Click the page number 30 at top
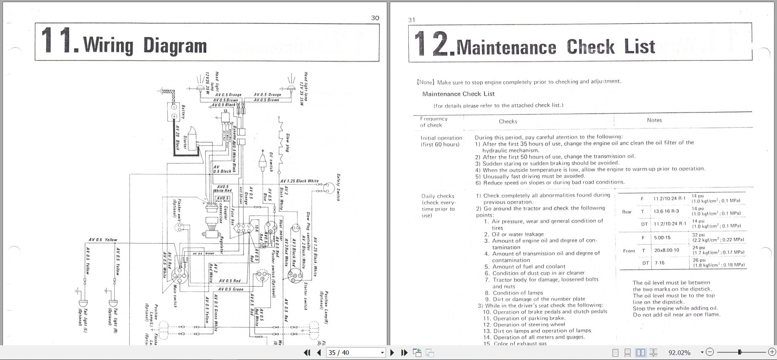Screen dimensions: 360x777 [375, 18]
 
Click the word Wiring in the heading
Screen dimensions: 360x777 [108, 45]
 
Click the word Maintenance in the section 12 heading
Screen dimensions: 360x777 [506, 47]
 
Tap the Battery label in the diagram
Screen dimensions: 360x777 [183, 112]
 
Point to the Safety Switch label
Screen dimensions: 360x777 [338, 187]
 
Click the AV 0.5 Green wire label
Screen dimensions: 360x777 [230, 289]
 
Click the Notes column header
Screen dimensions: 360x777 [654, 120]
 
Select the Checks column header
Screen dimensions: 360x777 [508, 121]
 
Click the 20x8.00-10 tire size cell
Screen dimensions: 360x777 [666, 250]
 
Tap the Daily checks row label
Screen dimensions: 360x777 [437, 196]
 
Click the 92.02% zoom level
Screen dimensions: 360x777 [679, 352]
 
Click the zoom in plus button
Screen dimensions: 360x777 [772, 352]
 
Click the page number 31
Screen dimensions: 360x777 [412, 20]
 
